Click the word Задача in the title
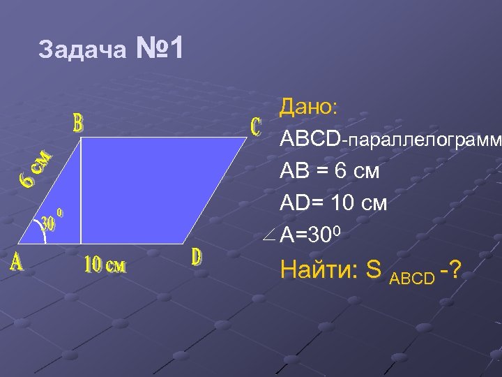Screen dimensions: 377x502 click(83, 50)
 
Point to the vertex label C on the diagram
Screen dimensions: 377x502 click(255, 126)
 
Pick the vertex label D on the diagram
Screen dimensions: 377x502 click(197, 257)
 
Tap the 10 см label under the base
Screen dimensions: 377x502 click(105, 265)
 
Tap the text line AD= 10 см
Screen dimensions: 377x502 click(333, 203)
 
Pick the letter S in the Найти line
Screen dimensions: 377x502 click(373, 270)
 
